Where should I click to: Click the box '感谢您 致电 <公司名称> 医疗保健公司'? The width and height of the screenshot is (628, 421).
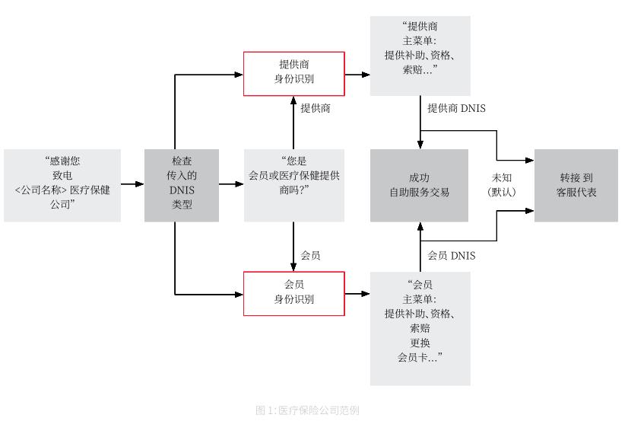pos(62,185)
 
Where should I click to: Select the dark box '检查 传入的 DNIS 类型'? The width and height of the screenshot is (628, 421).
pos(182,185)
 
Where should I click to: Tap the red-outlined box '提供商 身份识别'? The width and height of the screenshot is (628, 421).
pos(293,73)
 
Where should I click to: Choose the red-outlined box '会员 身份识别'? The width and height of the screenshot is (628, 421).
pos(293,293)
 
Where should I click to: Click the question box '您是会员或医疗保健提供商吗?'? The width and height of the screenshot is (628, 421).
pos(293,185)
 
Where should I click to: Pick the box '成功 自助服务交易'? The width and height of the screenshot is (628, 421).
pos(419,185)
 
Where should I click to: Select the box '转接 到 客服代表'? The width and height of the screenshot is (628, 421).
pos(576,185)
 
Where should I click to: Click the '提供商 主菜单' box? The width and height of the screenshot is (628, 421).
pos(420,56)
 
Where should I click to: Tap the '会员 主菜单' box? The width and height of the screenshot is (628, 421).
pos(420,327)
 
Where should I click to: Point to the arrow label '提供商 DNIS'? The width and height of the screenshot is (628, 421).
pos(456,109)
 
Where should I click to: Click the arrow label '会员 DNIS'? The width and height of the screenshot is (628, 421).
pos(452,256)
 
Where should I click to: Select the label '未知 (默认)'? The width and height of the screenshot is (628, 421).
pos(501,185)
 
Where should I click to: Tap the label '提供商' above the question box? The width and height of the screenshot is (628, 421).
pos(316,109)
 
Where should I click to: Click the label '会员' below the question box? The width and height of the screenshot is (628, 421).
pos(311,256)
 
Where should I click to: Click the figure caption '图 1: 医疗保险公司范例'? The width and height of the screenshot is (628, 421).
pos(307,410)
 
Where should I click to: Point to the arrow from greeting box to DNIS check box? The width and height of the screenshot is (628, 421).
pos(132,184)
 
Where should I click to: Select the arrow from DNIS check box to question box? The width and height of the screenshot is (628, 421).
pos(231,184)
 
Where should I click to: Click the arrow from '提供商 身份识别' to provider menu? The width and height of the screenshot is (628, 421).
pos(357,74)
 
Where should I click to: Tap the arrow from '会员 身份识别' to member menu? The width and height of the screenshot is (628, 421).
pos(357,293)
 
